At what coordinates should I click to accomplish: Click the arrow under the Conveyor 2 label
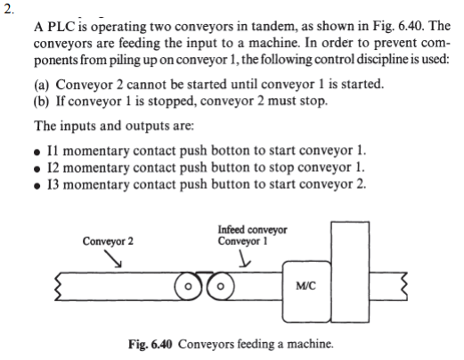point(116,258)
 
